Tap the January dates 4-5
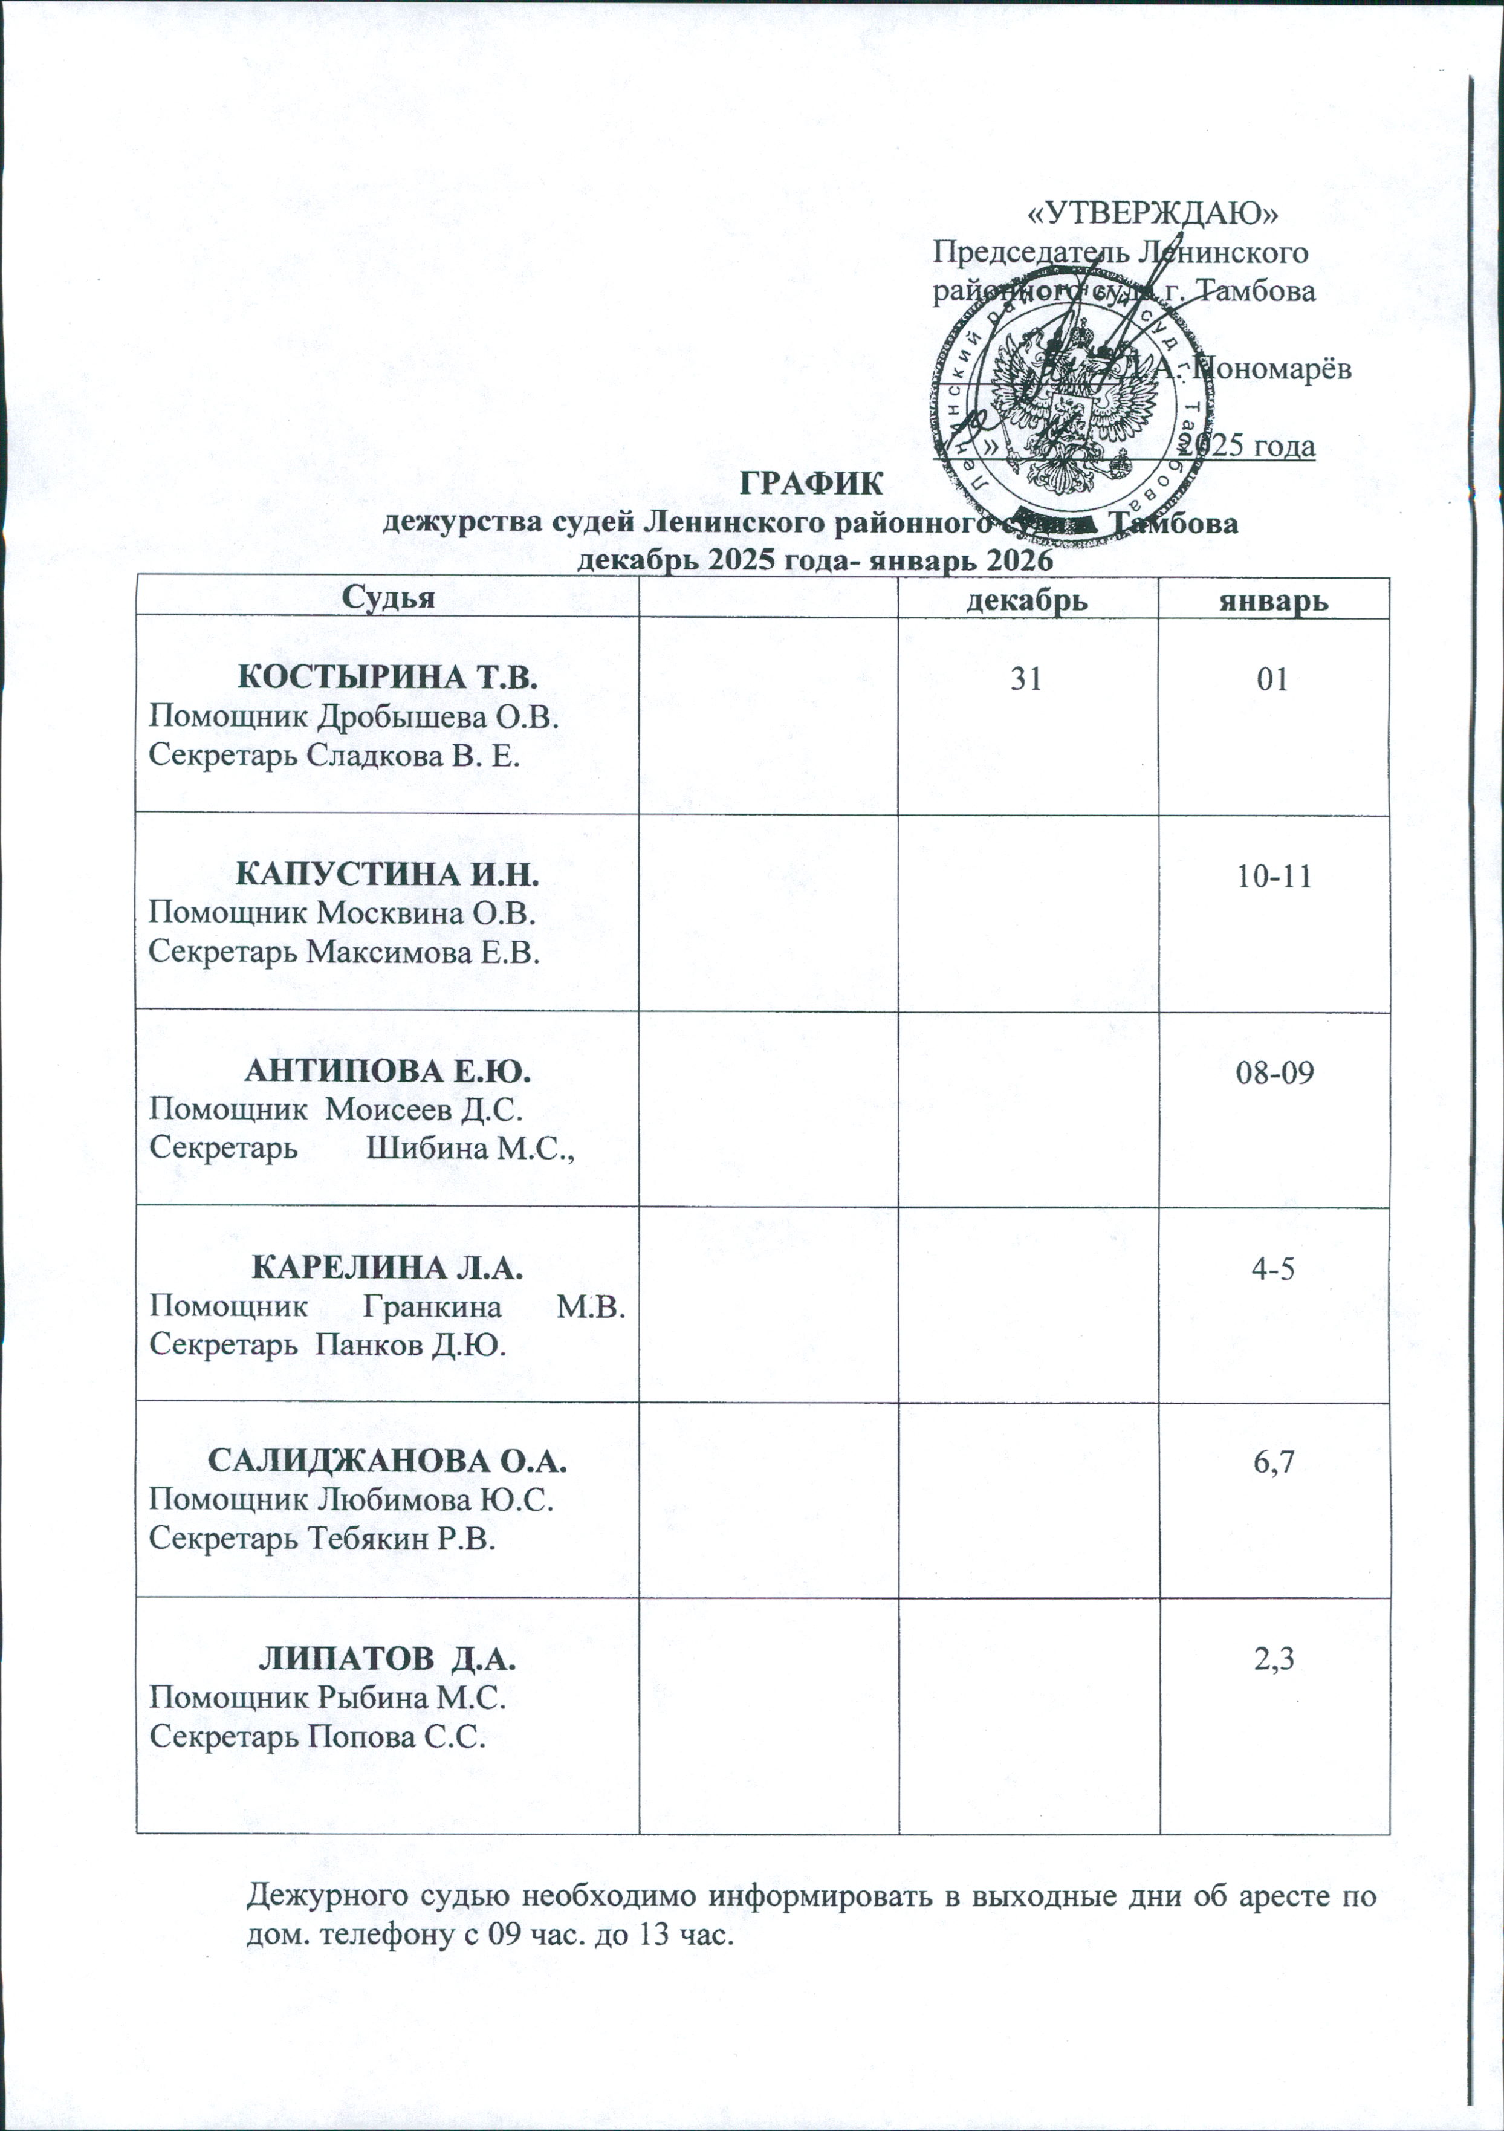[1273, 1270]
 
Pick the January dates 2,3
[1273, 1661]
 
